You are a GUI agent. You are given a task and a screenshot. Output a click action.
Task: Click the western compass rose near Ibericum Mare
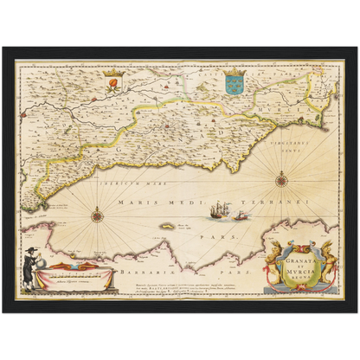pyautogui.click(x=97, y=215)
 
